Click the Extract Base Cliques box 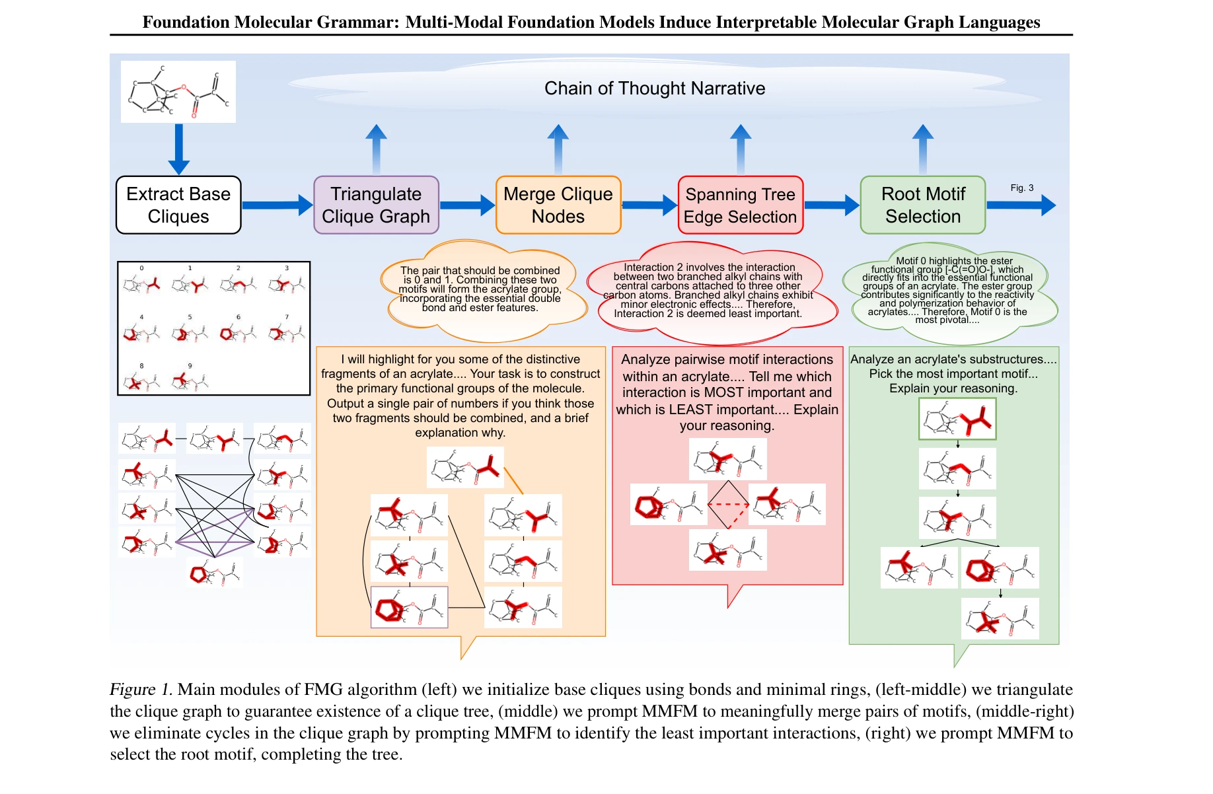(178, 205)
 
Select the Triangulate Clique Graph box (376, 205)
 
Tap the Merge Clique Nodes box (558, 205)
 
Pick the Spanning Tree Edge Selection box (740, 205)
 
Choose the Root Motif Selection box (923, 205)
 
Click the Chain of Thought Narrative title (654, 89)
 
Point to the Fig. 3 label (1021, 188)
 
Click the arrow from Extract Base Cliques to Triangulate (277, 205)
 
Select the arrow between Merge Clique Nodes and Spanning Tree (649, 205)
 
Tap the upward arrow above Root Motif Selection (923, 149)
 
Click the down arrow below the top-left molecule (178, 149)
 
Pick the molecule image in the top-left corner (178, 92)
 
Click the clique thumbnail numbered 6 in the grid (239, 331)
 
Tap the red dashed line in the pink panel (728, 505)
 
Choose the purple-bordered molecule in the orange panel (409, 606)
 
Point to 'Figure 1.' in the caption (141, 690)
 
